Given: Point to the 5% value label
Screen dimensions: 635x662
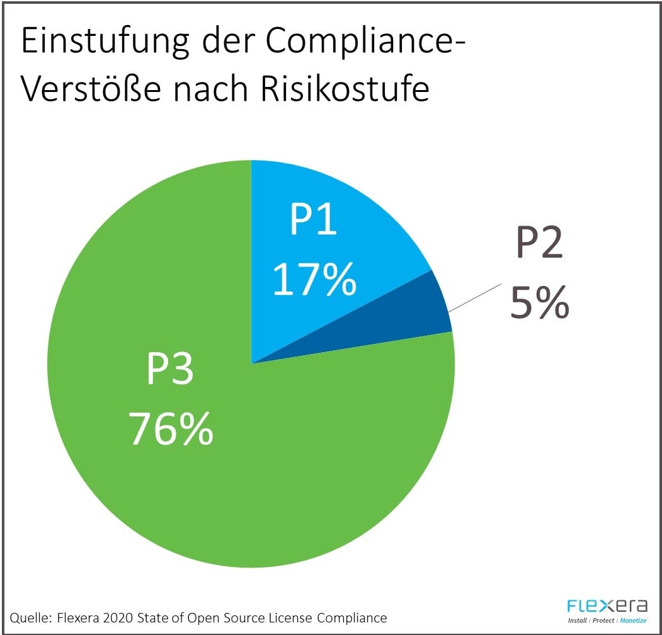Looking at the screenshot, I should coord(539,302).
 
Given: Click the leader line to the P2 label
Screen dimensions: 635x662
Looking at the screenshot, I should coord(476,297).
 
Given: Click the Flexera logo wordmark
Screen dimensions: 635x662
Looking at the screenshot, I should coord(607,607).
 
